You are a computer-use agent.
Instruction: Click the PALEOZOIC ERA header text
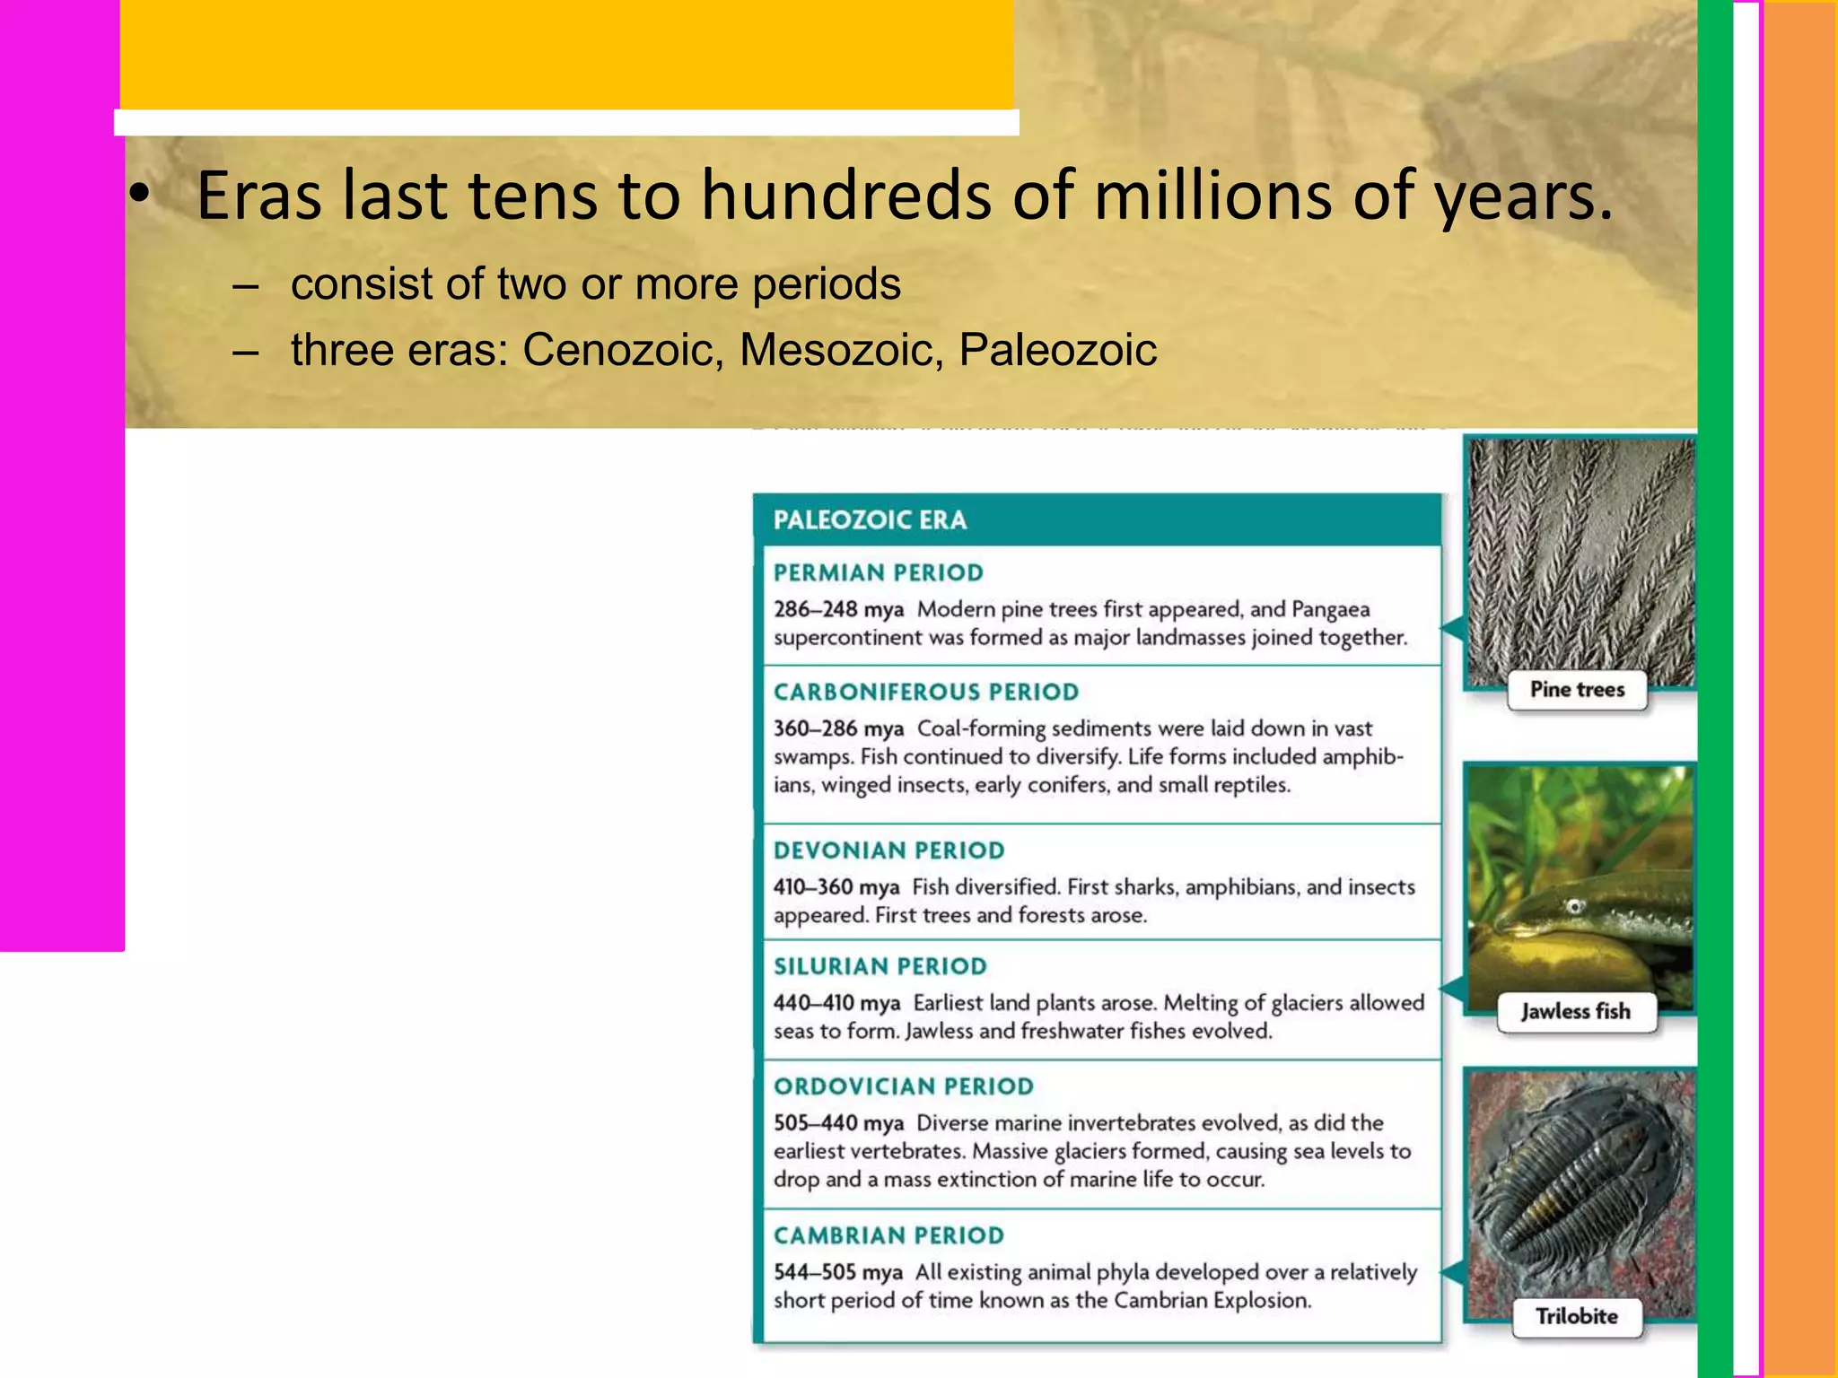click(x=870, y=520)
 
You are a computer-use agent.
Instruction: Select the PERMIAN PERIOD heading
click(x=879, y=572)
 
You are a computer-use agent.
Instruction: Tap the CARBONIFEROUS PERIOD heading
click(x=926, y=692)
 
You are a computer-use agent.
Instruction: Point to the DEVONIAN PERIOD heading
click(x=889, y=850)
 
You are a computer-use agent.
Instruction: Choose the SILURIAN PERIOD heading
click(x=880, y=966)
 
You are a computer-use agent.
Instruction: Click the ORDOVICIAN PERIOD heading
click(x=904, y=1086)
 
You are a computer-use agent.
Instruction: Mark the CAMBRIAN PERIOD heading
click(x=889, y=1235)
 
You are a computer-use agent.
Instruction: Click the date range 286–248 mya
click(x=838, y=610)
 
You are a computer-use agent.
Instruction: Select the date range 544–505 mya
click(x=837, y=1273)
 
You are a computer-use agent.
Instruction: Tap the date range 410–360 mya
click(x=836, y=887)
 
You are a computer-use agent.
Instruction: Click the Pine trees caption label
click(x=1577, y=690)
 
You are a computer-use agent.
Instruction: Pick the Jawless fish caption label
click(x=1575, y=1012)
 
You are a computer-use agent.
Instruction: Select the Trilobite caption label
click(x=1576, y=1317)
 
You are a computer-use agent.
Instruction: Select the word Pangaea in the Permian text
click(x=1330, y=610)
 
